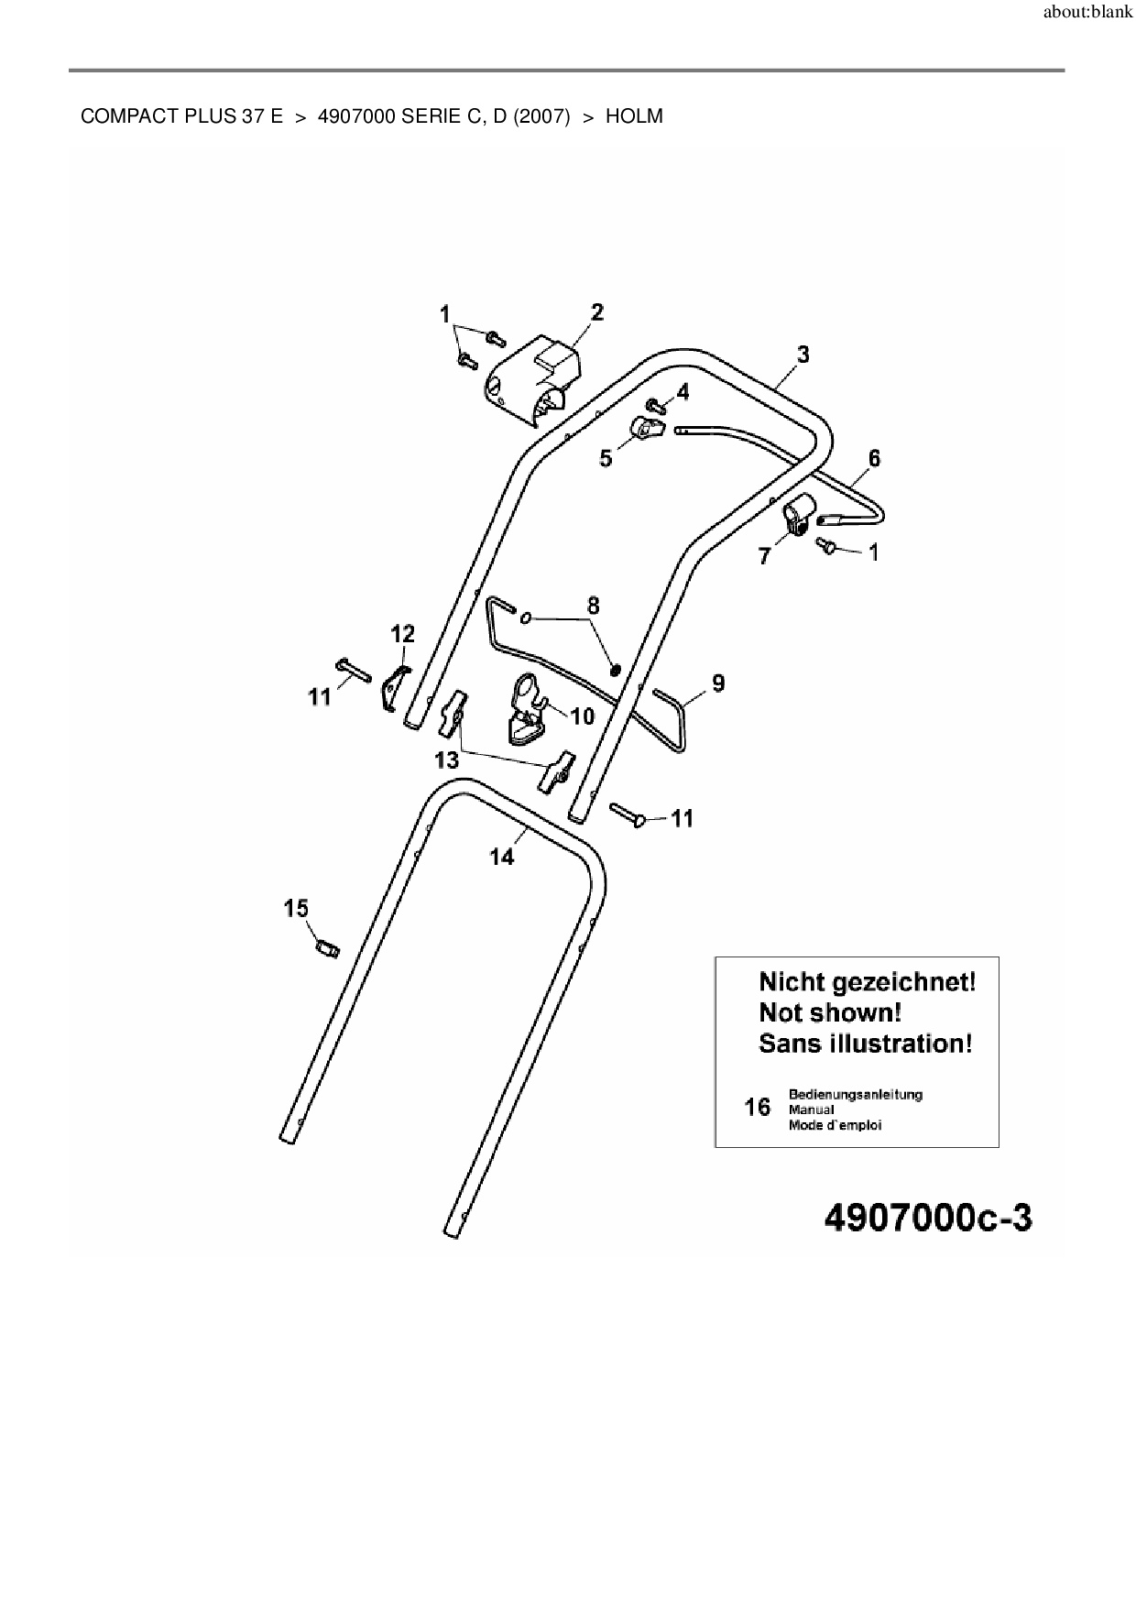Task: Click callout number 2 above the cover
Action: pyautogui.click(x=597, y=312)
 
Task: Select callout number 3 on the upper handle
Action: pyautogui.click(x=803, y=355)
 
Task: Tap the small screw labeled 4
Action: pyautogui.click(x=656, y=404)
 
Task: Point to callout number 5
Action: pyautogui.click(x=606, y=458)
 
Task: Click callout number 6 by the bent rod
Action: pyautogui.click(x=874, y=458)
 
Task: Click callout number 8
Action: pyautogui.click(x=594, y=606)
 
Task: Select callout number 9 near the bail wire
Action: pyautogui.click(x=718, y=683)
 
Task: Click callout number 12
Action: pyautogui.click(x=402, y=634)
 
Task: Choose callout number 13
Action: pyautogui.click(x=446, y=760)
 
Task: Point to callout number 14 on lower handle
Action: pyautogui.click(x=502, y=857)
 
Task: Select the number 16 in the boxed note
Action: pyautogui.click(x=758, y=1108)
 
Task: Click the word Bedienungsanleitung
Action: pyautogui.click(x=855, y=1094)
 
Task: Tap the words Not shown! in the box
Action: pyautogui.click(x=830, y=1012)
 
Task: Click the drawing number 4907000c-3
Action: pyautogui.click(x=928, y=1219)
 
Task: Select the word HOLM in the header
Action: pyautogui.click(x=634, y=117)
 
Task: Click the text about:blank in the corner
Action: pyautogui.click(x=1087, y=15)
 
